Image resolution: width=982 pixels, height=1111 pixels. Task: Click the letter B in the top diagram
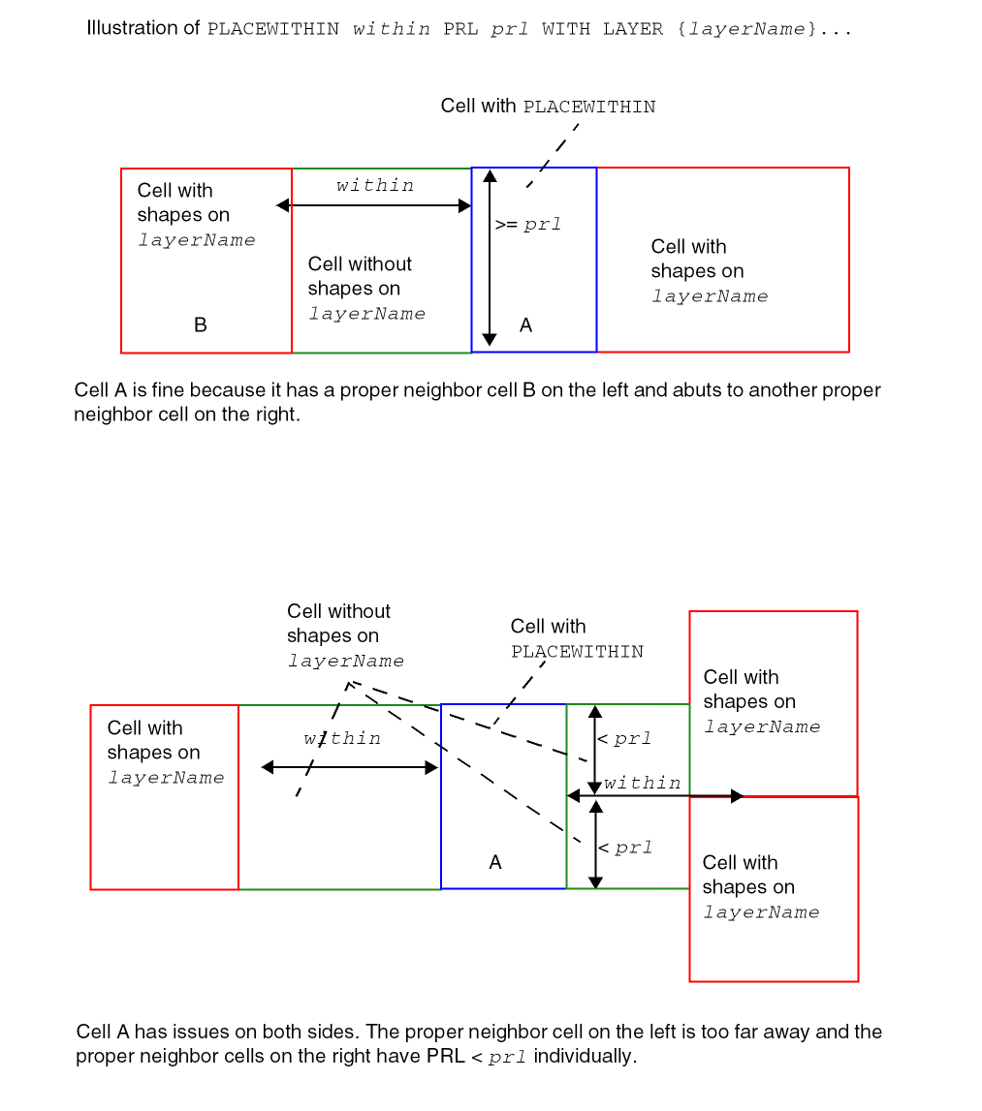pos(201,325)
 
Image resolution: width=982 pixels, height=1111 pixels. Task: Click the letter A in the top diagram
pos(525,325)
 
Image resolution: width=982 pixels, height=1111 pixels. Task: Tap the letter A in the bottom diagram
pos(495,862)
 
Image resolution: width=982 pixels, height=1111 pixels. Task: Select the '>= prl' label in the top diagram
pos(528,225)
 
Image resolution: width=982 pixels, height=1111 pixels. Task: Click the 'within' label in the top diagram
pos(375,185)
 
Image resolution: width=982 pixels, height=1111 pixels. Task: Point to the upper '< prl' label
pos(625,739)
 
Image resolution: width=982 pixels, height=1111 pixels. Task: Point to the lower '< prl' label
pos(625,849)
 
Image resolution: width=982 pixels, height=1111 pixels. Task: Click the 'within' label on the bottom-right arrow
pos(642,783)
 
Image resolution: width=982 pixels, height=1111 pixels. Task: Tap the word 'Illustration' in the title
pos(131,28)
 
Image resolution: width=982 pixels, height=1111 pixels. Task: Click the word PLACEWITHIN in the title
pos(273,29)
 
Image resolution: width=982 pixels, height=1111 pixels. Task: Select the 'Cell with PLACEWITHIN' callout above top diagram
pos(548,107)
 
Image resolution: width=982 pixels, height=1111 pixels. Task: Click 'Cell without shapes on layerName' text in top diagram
pos(365,289)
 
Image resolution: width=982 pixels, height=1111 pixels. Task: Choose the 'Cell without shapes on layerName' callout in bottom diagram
pos(344,636)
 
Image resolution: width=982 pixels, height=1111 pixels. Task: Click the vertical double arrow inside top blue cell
pos(490,258)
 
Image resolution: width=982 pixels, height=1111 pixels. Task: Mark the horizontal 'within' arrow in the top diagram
pos(374,205)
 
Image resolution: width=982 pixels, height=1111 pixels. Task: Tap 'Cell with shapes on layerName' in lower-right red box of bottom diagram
pos(760,887)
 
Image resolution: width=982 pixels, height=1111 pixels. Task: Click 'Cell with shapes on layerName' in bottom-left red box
pos(165,753)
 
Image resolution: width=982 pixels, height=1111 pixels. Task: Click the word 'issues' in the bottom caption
pos(206,1032)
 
